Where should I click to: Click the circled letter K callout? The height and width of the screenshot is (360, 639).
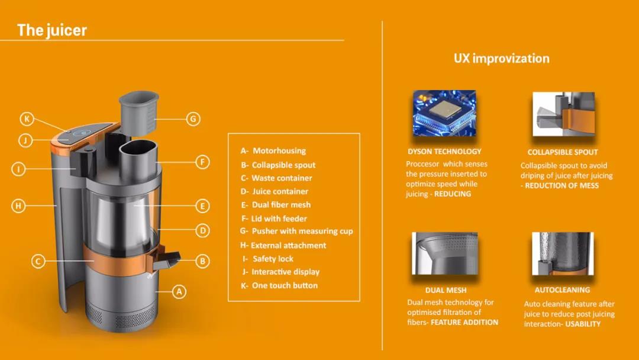pos(27,119)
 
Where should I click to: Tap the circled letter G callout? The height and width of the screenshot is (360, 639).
pos(193,119)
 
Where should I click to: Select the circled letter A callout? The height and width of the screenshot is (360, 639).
pos(179,291)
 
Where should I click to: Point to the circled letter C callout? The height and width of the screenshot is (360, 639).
pos(38,261)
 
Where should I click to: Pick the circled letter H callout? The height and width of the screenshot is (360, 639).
pos(18,205)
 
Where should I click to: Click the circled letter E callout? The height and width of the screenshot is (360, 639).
pos(202,206)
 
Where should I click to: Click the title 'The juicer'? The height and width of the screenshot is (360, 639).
pos(51,30)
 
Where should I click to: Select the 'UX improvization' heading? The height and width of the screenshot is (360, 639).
pos(502,58)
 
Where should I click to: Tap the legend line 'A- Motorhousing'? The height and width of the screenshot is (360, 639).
pos(273,151)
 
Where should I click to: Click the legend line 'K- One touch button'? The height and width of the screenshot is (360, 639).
pos(279,285)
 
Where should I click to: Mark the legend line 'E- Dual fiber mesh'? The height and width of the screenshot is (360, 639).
pos(276,205)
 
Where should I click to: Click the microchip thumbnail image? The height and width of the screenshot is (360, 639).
pos(444,113)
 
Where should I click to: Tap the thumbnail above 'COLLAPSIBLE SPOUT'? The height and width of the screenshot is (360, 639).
pos(564,114)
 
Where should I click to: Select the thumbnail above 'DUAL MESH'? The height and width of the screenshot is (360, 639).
pos(444,253)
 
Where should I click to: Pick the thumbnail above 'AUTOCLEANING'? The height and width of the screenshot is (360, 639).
pos(563,253)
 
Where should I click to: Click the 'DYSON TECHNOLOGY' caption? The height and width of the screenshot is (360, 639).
pos(444,152)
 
